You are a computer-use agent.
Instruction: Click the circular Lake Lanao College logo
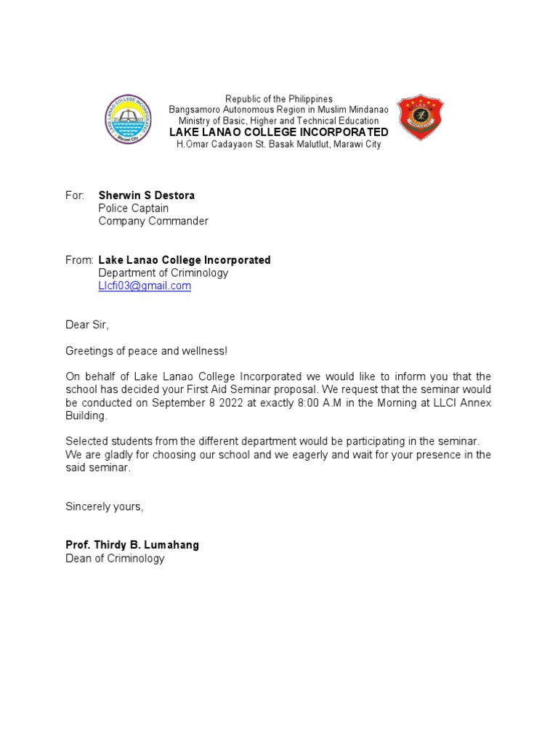pyautogui.click(x=127, y=119)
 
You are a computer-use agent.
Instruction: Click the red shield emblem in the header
pyautogui.click(x=420, y=117)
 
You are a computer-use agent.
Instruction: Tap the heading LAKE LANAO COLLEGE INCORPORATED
pyautogui.click(x=278, y=132)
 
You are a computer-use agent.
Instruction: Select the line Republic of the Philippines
pyautogui.click(x=278, y=99)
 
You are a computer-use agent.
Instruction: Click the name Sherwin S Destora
pyautogui.click(x=146, y=195)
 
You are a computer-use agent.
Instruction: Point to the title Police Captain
pyautogui.click(x=133, y=209)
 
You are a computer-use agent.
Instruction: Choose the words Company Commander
pyautogui.click(x=153, y=221)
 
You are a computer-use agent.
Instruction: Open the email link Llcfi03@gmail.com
pyautogui.click(x=145, y=286)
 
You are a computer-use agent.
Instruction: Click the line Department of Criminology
pyautogui.click(x=163, y=273)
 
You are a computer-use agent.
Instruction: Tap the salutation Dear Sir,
pyautogui.click(x=87, y=325)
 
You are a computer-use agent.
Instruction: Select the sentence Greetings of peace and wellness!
pyautogui.click(x=146, y=351)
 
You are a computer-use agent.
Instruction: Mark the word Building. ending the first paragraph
pyautogui.click(x=86, y=416)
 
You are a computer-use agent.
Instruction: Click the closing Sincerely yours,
pyautogui.click(x=105, y=506)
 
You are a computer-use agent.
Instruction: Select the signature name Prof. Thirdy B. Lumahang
pyautogui.click(x=132, y=545)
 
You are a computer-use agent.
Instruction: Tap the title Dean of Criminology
pyautogui.click(x=115, y=559)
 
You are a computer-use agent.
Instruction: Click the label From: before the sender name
pyautogui.click(x=79, y=260)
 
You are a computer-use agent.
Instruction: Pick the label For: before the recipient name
pyautogui.click(x=75, y=195)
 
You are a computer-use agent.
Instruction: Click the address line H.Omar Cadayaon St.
pyautogui.click(x=278, y=144)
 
